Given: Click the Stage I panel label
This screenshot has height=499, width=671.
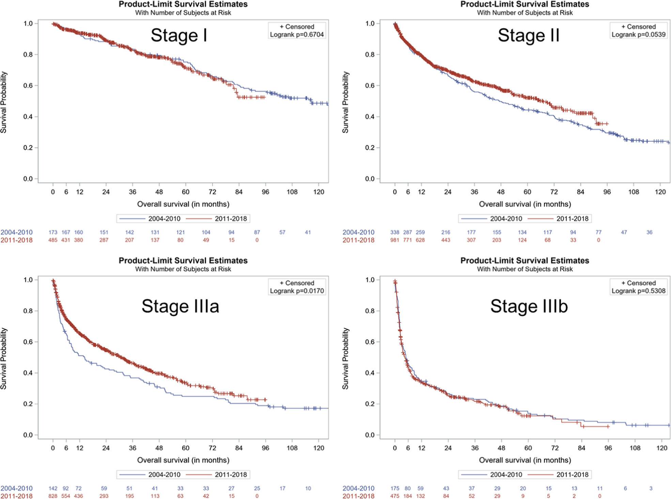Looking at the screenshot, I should tap(179, 35).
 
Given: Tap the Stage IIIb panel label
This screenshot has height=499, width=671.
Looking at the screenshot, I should tap(529, 306).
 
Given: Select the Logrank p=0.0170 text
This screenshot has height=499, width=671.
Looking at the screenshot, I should tap(297, 291).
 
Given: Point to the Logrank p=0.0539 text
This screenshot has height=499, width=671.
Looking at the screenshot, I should tap(638, 35).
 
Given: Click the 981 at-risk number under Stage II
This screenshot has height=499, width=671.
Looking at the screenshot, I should tap(394, 240).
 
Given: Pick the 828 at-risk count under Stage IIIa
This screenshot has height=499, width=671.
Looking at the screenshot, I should tap(53, 496).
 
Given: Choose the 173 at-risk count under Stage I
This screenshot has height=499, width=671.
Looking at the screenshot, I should tap(53, 232).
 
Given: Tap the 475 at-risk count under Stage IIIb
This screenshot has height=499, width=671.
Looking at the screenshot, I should tap(394, 496).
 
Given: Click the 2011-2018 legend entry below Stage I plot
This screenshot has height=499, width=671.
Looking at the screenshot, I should tap(231, 219).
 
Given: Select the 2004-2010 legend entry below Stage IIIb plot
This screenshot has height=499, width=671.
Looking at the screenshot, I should tap(506, 474).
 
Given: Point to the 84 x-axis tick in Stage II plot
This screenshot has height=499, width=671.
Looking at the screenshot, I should tap(580, 192).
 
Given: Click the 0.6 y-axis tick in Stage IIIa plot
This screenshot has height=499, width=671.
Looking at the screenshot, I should tap(28, 342).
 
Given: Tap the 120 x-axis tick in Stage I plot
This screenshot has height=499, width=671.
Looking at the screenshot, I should tap(318, 192).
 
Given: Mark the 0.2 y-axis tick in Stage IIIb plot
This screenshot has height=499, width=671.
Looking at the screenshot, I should tap(370, 404).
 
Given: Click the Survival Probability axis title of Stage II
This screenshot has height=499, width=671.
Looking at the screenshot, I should tap(345, 102).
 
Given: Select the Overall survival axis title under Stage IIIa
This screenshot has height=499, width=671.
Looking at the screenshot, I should tap(183, 460).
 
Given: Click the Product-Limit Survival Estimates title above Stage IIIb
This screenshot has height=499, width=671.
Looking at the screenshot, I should tap(525, 260).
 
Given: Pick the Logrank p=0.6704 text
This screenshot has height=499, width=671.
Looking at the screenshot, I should tap(297, 35).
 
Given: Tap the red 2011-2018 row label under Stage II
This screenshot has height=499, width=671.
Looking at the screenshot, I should tap(358, 240).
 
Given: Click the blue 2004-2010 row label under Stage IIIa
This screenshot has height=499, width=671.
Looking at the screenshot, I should tap(16, 488).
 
